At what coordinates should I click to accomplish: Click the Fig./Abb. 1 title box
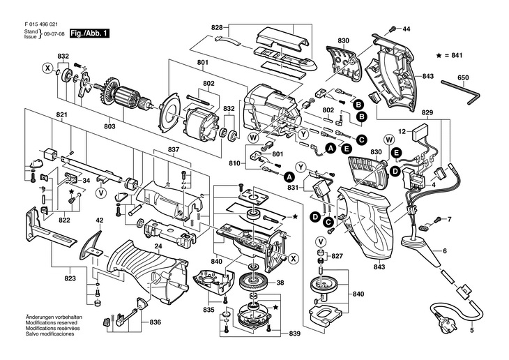click(91, 33)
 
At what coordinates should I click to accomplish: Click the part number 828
click(217, 28)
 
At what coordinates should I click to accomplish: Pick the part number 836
click(155, 322)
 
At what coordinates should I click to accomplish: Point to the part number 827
click(337, 257)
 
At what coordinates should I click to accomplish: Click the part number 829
click(427, 113)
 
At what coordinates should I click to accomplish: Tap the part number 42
click(99, 220)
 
